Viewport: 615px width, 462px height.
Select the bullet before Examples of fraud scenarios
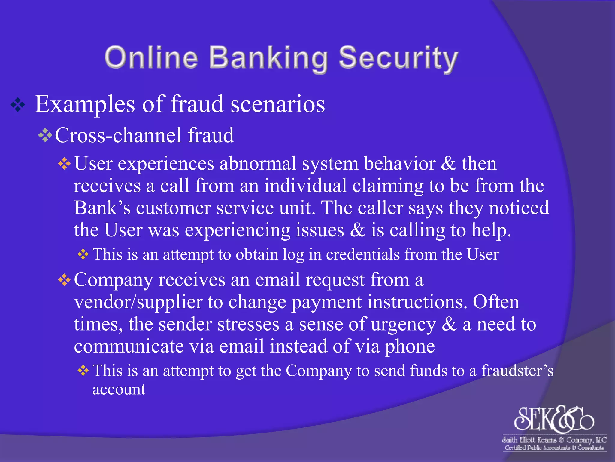coord(18,105)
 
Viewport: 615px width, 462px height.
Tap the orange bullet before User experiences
coord(64,164)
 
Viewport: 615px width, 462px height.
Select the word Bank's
coord(102,208)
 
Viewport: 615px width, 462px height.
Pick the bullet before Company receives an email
coord(64,280)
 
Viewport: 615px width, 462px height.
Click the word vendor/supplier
coord(138,302)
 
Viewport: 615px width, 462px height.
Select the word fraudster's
coord(517,371)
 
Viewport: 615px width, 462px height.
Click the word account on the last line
coord(119,390)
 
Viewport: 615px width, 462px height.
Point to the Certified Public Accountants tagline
coord(554,448)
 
